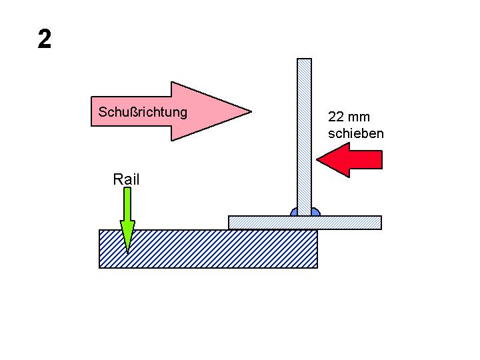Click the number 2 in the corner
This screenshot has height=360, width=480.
click(x=45, y=40)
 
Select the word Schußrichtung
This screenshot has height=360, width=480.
click(x=143, y=111)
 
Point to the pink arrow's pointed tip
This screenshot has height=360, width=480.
click(x=249, y=111)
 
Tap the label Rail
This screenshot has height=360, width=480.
click(x=126, y=179)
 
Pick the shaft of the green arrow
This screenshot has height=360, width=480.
click(x=127, y=203)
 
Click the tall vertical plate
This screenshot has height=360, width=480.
click(x=304, y=133)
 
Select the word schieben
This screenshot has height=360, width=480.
click(x=356, y=133)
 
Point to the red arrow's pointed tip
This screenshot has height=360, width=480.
click(x=319, y=160)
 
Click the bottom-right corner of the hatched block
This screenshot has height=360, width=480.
click(x=316, y=267)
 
